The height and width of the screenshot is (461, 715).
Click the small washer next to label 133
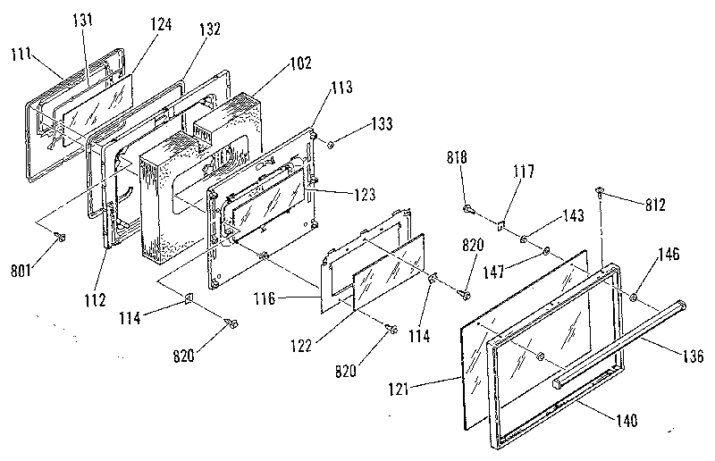click(x=330, y=143)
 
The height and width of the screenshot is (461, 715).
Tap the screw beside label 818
click(x=467, y=209)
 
